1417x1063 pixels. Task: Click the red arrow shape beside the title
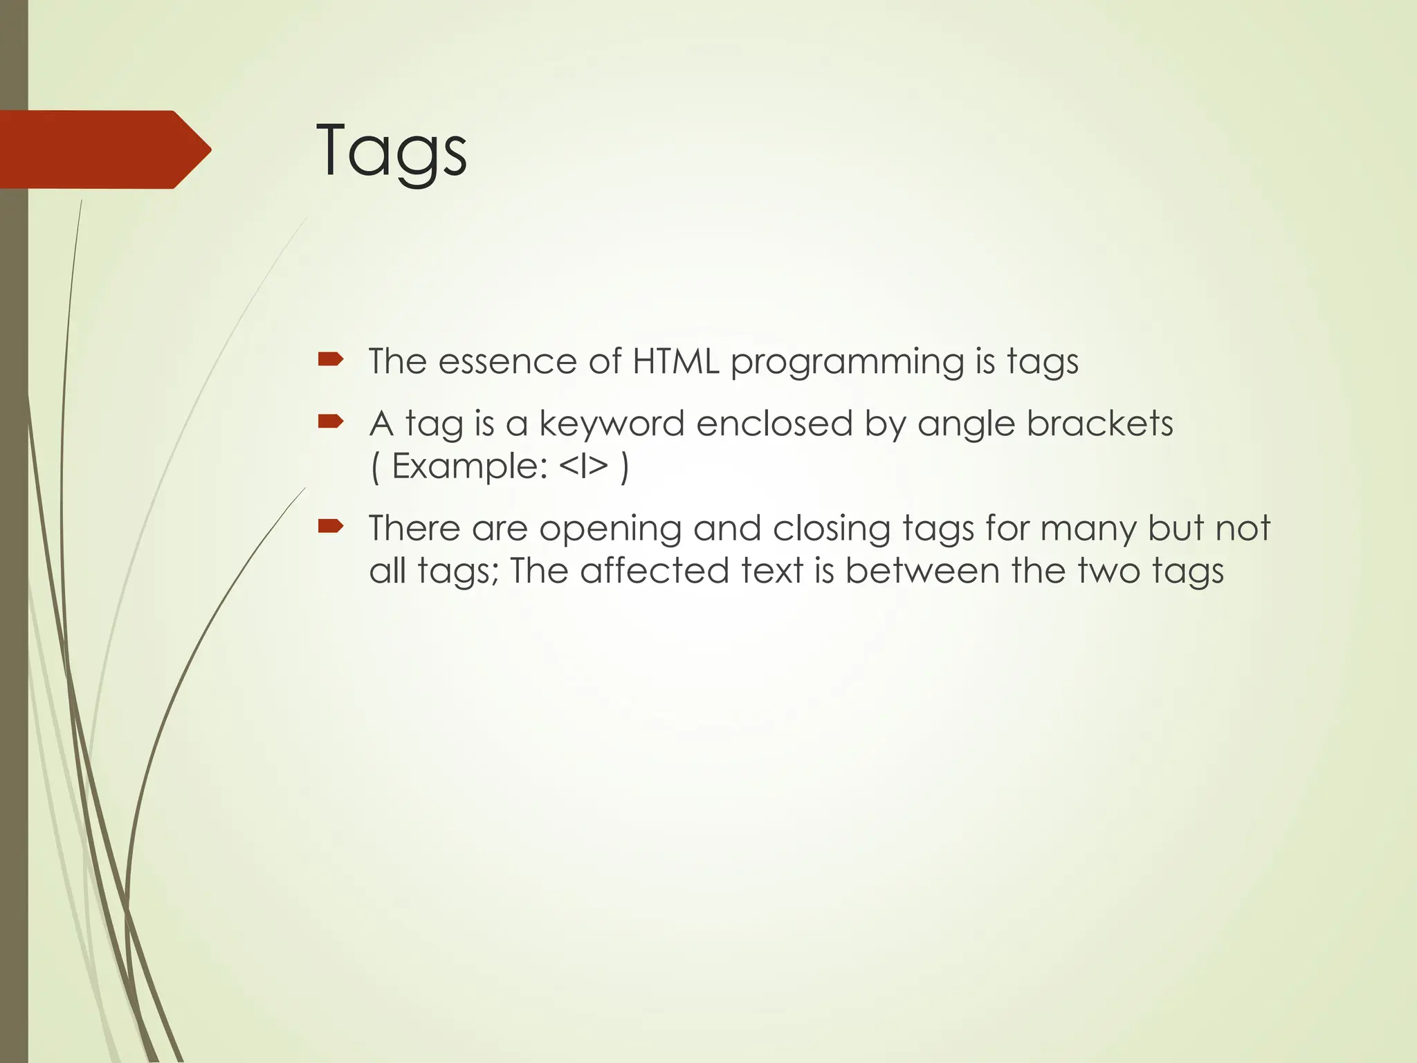click(104, 149)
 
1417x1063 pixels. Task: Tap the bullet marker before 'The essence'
click(330, 358)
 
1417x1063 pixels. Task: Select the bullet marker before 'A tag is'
click(330, 421)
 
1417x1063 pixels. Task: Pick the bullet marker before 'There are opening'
click(330, 527)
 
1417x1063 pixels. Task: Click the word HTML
click(675, 361)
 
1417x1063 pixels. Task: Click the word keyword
click(612, 424)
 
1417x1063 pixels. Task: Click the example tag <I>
click(583, 466)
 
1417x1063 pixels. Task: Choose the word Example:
click(470, 466)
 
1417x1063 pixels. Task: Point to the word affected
click(654, 572)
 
